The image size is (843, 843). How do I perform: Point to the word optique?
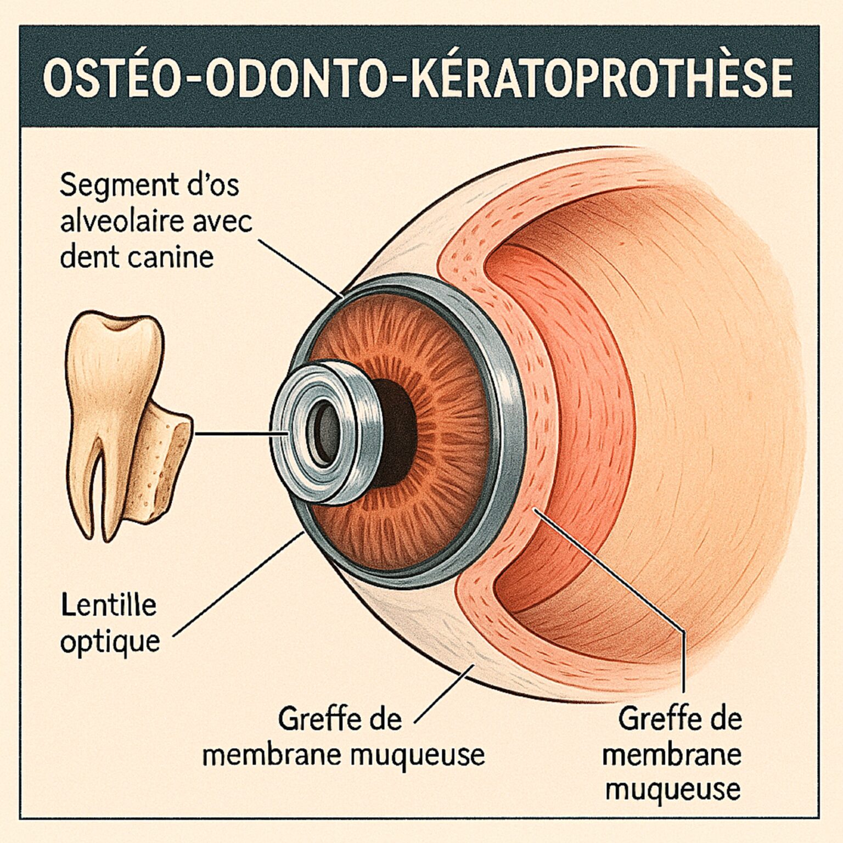pos(110,641)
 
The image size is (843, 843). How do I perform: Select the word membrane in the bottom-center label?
pos(272,755)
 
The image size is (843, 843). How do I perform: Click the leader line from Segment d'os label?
pos(299,268)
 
